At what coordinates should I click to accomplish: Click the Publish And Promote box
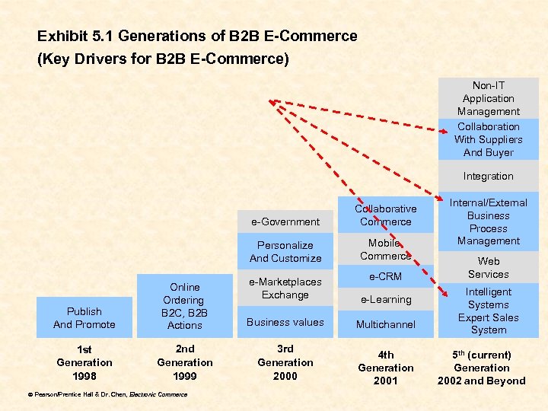pos(84,318)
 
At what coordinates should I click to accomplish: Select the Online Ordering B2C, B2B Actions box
pos(184,306)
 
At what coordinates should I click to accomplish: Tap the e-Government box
pos(285,221)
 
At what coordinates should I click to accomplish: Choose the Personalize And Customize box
pos(285,252)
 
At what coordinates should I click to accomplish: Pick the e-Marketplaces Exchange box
pos(285,288)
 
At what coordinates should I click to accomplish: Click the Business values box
pos(285,322)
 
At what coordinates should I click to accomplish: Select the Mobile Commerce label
pos(385,250)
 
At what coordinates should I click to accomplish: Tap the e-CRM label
pos(385,276)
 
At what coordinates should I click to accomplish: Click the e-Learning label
pos(385,300)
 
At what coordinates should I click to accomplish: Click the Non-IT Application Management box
pos(488,98)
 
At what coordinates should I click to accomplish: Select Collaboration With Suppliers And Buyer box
pos(488,139)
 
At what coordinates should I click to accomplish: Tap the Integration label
pos(488,176)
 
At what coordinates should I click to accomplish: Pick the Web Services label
pos(488,268)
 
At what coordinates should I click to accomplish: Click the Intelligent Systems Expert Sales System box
pos(488,311)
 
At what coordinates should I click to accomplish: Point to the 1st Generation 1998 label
pos(84,362)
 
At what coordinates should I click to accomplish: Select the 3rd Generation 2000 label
pos(285,362)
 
